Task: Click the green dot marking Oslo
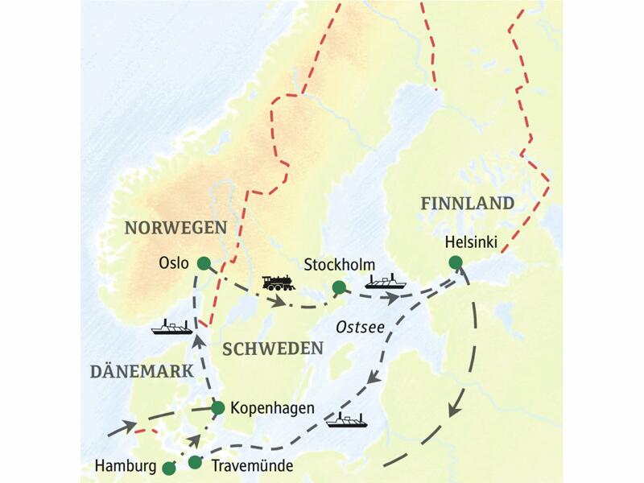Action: (204, 263)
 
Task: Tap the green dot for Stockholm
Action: (339, 287)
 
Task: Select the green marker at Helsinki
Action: (456, 262)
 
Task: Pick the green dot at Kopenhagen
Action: (217, 408)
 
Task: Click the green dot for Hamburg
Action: (168, 467)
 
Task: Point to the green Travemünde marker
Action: (195, 462)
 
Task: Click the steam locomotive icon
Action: (279, 283)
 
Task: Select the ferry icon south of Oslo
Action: (171, 327)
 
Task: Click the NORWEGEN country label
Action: (175, 228)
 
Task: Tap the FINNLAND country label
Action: (467, 204)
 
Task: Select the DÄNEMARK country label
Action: (141, 371)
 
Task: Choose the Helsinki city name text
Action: (471, 242)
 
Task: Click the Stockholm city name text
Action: (340, 265)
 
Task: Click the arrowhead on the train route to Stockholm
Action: (279, 303)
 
